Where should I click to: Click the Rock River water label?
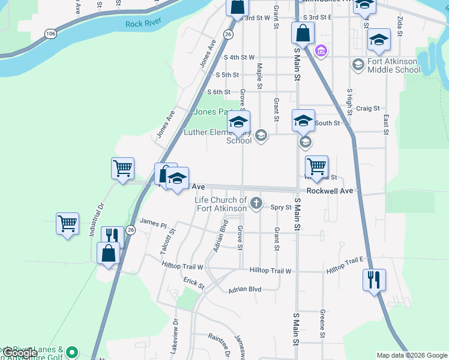tap(142, 24)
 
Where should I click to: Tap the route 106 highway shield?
tap(50, 34)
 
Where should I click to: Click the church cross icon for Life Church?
tap(256, 203)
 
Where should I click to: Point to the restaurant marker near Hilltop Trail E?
tap(374, 279)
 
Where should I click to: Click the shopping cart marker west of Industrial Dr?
tap(67, 224)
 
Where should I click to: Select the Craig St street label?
tap(367, 109)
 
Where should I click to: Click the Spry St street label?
tap(280, 208)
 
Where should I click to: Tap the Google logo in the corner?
tap(19, 353)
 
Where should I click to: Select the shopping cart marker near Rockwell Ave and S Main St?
tap(316, 166)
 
